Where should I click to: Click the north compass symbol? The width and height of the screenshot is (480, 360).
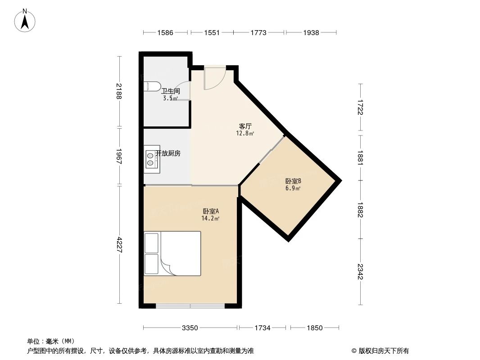click(x=25, y=20)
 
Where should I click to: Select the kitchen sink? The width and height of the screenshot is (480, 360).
click(x=151, y=159)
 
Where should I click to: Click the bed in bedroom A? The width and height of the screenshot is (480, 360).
click(x=172, y=253)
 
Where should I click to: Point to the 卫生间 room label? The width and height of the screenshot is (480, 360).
click(x=171, y=91)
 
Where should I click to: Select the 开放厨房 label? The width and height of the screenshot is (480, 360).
click(x=168, y=153)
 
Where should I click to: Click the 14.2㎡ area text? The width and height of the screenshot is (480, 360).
click(x=210, y=219)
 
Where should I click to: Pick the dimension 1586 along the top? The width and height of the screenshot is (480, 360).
click(x=165, y=32)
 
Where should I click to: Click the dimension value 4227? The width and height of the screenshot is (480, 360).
click(x=119, y=245)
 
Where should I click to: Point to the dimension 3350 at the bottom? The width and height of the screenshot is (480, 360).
click(x=190, y=328)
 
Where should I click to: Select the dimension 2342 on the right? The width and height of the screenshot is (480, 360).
click(x=360, y=272)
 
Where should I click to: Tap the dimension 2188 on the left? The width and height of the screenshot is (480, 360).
click(x=119, y=92)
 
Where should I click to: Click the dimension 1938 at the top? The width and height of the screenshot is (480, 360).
click(x=311, y=32)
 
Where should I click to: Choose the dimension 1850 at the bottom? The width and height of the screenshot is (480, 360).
click(x=315, y=328)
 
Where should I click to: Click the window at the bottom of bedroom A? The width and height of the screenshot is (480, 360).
click(x=190, y=306)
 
